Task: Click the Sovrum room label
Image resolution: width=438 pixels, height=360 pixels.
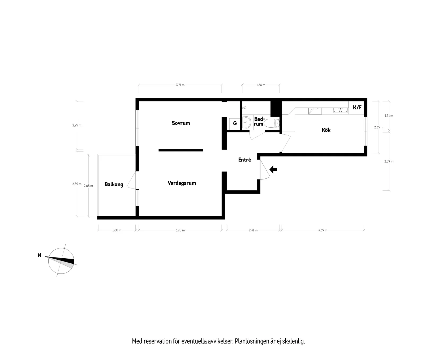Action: tap(181, 123)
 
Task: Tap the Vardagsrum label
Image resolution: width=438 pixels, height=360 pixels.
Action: tap(182, 183)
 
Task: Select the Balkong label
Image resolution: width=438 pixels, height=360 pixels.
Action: tap(114, 184)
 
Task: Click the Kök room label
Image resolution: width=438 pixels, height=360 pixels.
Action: tap(326, 130)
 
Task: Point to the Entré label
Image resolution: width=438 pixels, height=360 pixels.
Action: tap(244, 160)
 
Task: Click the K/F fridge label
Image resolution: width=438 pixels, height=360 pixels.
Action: tap(357, 108)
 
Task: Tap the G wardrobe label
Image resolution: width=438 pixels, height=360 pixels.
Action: tap(235, 123)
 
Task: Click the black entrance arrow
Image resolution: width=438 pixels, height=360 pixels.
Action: tap(273, 169)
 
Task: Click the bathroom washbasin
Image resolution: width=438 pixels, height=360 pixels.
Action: tap(247, 123)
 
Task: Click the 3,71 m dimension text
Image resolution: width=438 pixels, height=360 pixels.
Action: tap(180, 85)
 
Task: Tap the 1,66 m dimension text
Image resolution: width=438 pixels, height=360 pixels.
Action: tap(261, 85)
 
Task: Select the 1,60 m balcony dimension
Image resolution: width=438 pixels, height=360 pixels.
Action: tap(117, 230)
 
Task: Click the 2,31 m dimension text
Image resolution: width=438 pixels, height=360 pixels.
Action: tap(253, 230)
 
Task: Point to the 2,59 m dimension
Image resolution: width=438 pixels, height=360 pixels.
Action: tap(389, 161)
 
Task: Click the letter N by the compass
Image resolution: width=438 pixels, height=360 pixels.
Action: tap(40, 255)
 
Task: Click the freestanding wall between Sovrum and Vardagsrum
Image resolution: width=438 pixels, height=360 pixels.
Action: tap(181, 150)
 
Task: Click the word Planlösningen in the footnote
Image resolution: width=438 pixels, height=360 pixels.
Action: tap(252, 341)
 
